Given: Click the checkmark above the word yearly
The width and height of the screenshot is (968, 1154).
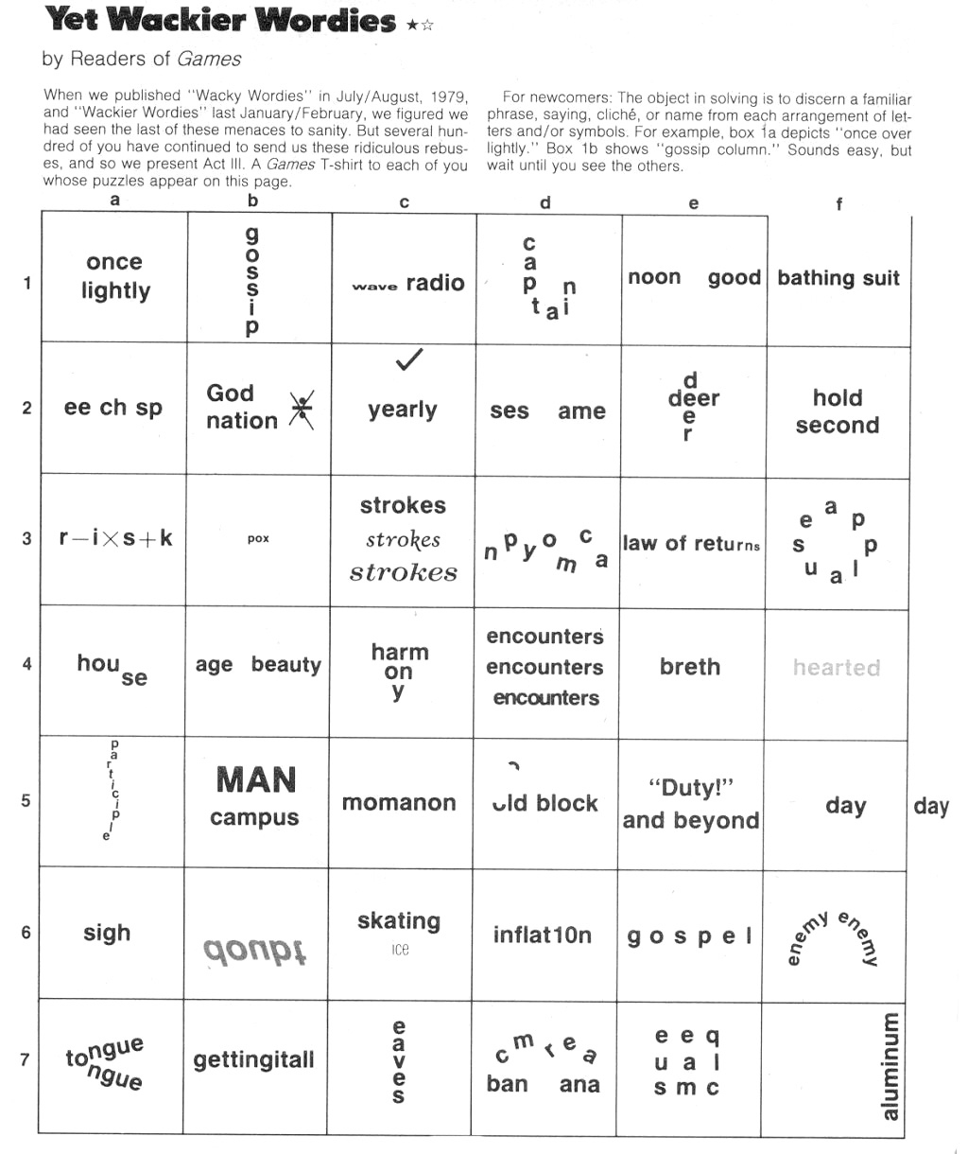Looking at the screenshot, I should point(408,359).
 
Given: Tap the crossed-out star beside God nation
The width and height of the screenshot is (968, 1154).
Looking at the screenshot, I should point(302,411).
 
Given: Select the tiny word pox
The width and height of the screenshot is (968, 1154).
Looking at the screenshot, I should point(258,538).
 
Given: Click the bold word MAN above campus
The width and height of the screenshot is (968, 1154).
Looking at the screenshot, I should point(255,780).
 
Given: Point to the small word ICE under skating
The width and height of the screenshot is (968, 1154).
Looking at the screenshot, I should point(400,950).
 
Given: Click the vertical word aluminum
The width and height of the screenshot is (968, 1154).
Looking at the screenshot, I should point(890,1065).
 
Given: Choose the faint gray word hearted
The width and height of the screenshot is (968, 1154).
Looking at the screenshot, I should point(837,668).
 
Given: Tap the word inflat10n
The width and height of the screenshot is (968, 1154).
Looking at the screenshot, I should point(543,935).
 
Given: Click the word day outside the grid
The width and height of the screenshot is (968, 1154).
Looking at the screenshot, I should point(931,806).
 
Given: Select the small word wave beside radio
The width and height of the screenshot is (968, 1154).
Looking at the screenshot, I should point(374,286).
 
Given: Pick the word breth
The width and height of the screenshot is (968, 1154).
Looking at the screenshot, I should point(690,667).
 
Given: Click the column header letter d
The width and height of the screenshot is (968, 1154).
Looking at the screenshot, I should point(545,203).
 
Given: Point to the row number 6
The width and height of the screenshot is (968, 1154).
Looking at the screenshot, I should point(26,933).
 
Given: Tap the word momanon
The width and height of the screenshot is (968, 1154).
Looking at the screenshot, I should point(399,803).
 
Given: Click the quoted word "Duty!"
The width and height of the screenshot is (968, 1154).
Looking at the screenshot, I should point(691,788).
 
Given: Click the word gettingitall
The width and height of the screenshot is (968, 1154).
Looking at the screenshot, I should point(254,1060).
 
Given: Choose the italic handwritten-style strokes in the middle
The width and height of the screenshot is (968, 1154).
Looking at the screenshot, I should point(403,539).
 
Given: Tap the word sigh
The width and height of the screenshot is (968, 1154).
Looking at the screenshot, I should point(107,933).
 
